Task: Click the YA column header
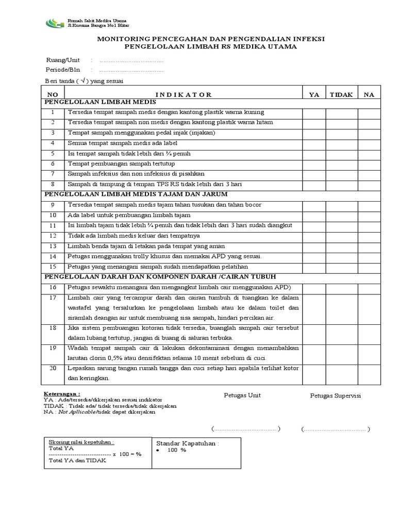click(x=313, y=94)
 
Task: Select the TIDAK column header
click(x=341, y=94)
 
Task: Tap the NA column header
click(x=369, y=94)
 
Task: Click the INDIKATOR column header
click(x=183, y=94)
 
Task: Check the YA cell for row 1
click(x=313, y=112)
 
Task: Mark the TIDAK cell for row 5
click(x=341, y=154)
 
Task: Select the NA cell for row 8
click(x=369, y=184)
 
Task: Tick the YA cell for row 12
click(x=313, y=236)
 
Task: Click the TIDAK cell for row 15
click(x=341, y=267)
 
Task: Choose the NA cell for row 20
click(x=369, y=373)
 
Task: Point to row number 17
click(x=53, y=298)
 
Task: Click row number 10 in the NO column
click(x=53, y=215)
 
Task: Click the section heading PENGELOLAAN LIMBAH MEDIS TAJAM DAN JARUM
click(x=134, y=194)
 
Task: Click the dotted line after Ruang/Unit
click(x=131, y=60)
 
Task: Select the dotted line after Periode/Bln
click(x=131, y=70)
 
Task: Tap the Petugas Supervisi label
click(x=335, y=395)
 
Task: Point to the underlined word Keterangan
click(x=61, y=393)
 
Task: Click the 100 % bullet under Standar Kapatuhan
click(x=175, y=450)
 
